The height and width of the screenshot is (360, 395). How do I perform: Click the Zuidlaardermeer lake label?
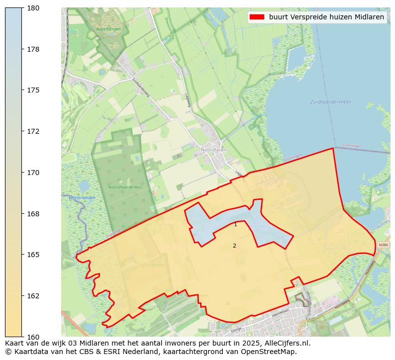click(x=330, y=102)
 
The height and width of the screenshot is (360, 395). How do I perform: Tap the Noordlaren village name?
click(x=213, y=149)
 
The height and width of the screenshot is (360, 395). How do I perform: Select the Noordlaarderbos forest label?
click(x=122, y=187)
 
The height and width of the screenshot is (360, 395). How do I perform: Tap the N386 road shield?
click(x=382, y=245)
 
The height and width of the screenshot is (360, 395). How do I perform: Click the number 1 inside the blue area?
click(x=235, y=225)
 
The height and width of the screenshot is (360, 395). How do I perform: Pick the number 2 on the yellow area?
click(x=234, y=246)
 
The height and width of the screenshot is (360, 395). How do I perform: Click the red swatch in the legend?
click(x=257, y=17)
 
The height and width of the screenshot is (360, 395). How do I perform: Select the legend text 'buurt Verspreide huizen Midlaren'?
click(x=326, y=17)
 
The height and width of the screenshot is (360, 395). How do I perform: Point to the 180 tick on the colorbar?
click(x=33, y=8)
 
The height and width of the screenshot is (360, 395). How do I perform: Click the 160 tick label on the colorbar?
click(x=33, y=337)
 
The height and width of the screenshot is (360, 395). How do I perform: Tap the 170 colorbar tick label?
click(x=33, y=173)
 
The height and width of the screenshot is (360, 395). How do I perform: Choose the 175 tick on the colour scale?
click(x=33, y=90)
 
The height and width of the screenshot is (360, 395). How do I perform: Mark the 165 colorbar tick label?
click(x=33, y=255)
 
